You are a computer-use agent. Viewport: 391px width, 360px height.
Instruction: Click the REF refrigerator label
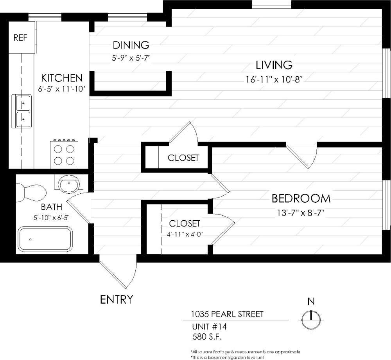pos(20,38)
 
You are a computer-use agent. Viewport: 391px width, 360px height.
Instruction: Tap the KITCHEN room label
pos(62,77)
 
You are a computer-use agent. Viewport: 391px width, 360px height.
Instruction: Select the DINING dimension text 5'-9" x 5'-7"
pos(131,57)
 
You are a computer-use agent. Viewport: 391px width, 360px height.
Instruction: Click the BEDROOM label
pos(301,199)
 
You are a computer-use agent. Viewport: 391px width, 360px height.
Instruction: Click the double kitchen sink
pos(23,111)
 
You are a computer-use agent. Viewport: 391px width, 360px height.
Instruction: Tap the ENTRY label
pos(117,300)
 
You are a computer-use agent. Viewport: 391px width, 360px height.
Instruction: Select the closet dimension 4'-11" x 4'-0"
pos(184,235)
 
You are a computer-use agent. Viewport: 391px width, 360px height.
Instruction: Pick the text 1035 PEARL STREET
pos(227,314)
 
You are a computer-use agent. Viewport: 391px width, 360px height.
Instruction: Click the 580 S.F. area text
pos(210,336)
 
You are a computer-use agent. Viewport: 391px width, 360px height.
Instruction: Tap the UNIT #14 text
pos(209,326)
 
